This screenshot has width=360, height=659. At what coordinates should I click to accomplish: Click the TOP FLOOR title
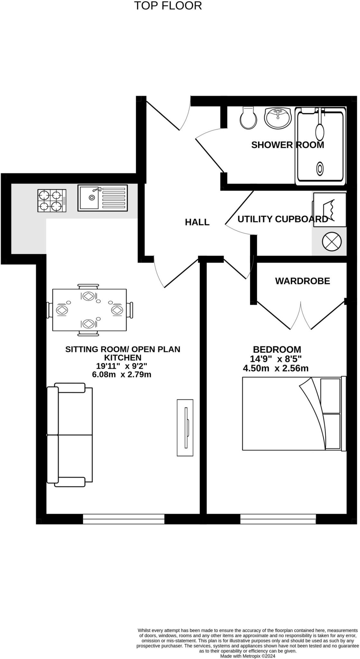tap(168, 6)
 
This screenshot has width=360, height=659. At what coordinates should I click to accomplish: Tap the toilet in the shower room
tap(248, 118)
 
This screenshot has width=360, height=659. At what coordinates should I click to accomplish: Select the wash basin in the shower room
tap(278, 117)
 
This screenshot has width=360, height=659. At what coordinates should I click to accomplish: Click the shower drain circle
tap(320, 168)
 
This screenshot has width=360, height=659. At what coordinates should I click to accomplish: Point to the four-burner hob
tap(52, 200)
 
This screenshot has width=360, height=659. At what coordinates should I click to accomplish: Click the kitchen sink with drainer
tap(102, 198)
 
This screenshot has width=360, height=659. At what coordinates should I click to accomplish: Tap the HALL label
tap(197, 222)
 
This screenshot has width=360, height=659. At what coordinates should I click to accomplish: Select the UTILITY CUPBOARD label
tap(282, 219)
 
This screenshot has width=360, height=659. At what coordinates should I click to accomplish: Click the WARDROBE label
tap(302, 281)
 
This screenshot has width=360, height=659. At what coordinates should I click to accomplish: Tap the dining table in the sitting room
tap(89, 310)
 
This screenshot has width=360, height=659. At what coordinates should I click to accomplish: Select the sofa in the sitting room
tap(69, 434)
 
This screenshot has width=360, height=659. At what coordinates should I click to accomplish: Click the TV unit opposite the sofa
tap(185, 428)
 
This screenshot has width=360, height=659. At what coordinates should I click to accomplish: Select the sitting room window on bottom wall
tap(124, 519)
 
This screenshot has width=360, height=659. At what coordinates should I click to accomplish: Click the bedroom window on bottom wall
tap(278, 519)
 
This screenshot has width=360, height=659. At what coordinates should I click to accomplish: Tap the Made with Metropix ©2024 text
tap(248, 656)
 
